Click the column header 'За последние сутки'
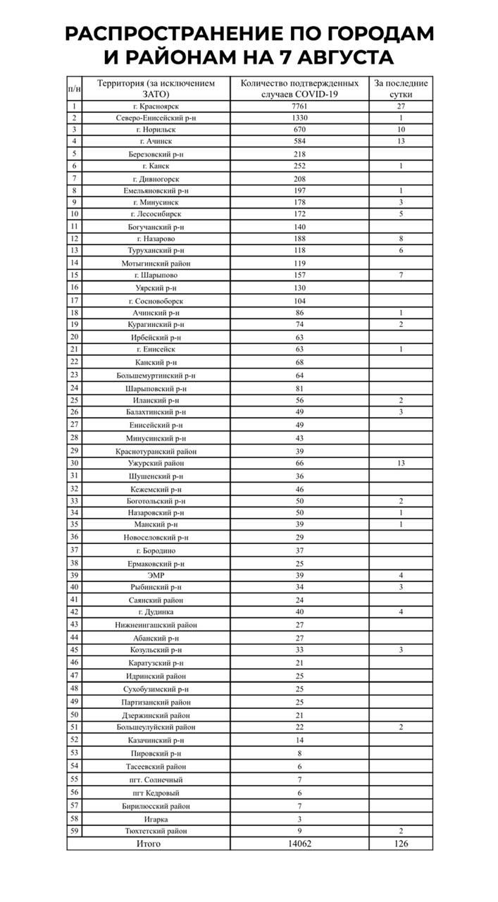(400, 88)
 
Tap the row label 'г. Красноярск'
(156, 106)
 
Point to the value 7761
(300, 106)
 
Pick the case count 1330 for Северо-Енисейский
(300, 118)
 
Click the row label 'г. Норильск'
(156, 130)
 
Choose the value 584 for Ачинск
(300, 142)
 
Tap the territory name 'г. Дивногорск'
(156, 179)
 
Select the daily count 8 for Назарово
(400, 239)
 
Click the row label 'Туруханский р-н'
(156, 250)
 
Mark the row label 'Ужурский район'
(156, 463)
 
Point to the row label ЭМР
(156, 576)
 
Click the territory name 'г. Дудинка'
(156, 612)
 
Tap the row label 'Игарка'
(156, 819)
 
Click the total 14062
(300, 844)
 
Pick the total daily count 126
(400, 844)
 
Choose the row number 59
(74, 831)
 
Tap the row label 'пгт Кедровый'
(156, 793)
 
